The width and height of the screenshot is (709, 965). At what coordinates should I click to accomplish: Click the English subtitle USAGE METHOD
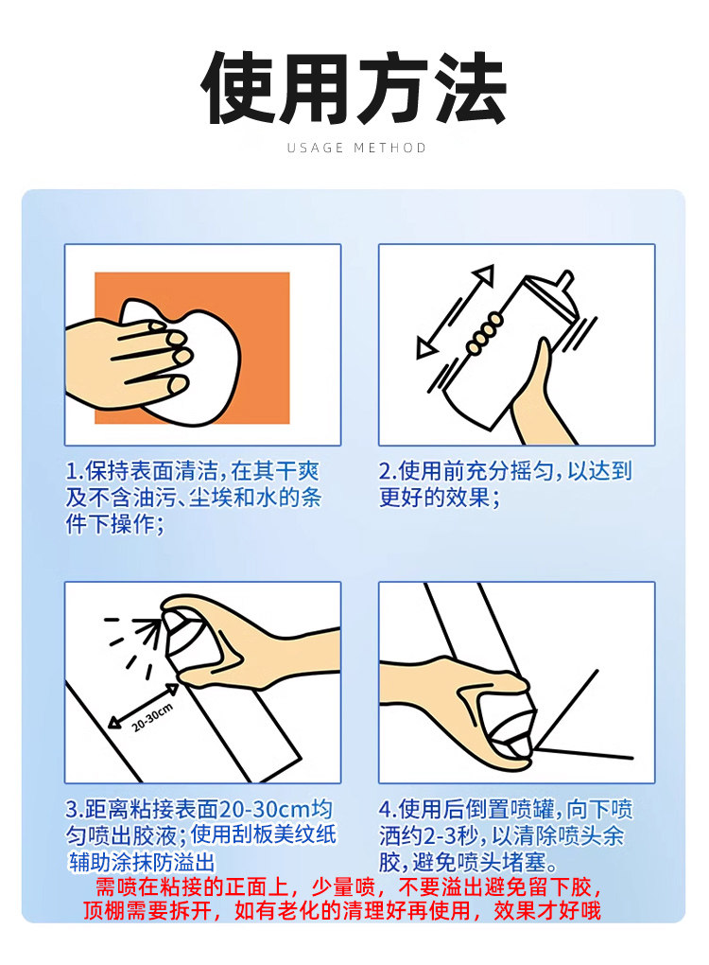point(356,148)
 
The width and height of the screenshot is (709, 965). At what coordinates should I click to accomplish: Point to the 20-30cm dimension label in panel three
point(152,717)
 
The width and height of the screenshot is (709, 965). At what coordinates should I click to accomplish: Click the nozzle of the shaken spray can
point(564,281)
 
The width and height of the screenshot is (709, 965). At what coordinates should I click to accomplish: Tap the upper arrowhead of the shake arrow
point(483,274)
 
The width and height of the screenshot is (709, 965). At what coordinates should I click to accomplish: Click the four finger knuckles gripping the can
point(485,333)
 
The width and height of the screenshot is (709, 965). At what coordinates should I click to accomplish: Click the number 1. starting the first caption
point(75,471)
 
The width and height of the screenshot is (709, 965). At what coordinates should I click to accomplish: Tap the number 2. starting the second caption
point(388,471)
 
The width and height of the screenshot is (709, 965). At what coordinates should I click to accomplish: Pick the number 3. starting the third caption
point(75,809)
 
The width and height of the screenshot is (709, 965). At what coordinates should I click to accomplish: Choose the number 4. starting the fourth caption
point(388,809)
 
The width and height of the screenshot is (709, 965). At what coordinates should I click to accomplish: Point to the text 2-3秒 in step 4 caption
point(451,835)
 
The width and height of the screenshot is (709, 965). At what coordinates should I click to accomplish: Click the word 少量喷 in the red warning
point(343,886)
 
